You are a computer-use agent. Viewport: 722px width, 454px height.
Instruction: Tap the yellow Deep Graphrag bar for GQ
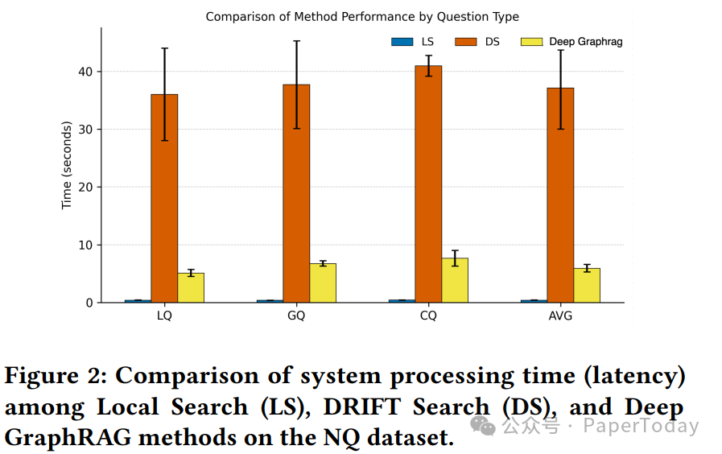click(323, 283)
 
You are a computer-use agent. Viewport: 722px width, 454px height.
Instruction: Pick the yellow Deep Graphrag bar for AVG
click(587, 285)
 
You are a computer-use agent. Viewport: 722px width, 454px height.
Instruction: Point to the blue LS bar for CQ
click(402, 301)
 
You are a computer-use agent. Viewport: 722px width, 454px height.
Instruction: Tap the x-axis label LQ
click(164, 316)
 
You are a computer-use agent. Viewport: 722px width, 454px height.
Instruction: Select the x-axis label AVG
click(560, 316)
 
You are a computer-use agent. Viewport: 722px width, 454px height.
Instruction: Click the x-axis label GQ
click(296, 316)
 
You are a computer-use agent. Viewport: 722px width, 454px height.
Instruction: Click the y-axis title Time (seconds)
click(67, 165)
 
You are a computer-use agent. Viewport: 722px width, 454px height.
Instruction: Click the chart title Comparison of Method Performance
click(362, 16)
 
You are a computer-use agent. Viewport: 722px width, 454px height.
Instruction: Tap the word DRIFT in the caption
click(361, 407)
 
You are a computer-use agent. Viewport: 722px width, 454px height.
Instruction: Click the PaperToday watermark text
click(641, 426)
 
